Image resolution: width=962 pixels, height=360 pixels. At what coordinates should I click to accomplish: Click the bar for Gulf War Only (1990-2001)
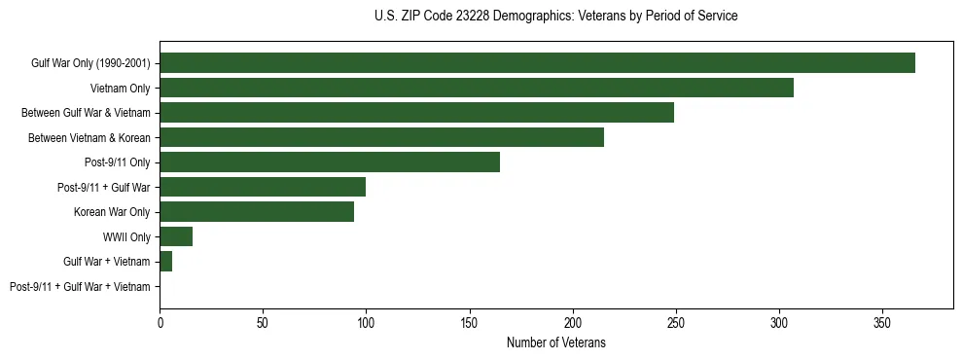tap(537, 63)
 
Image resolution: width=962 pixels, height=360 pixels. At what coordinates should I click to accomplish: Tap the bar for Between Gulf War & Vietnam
tap(416, 113)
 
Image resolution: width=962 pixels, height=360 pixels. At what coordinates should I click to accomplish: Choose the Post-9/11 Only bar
tap(330, 162)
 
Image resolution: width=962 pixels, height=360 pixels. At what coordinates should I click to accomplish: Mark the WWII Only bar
tap(176, 236)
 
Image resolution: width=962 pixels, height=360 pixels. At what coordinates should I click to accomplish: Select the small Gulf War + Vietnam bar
tap(166, 262)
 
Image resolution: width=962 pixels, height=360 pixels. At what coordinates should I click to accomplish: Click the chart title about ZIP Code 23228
tap(555, 17)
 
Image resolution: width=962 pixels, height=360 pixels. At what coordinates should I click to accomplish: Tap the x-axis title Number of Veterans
tap(555, 342)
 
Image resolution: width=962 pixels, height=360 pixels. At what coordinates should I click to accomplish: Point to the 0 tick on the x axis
tap(160, 322)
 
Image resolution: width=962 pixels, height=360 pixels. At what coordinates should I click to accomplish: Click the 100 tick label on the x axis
tap(366, 322)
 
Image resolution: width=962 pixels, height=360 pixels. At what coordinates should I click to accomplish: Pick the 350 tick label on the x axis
tap(882, 322)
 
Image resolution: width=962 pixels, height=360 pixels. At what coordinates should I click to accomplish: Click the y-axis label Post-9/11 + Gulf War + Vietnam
tap(80, 287)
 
